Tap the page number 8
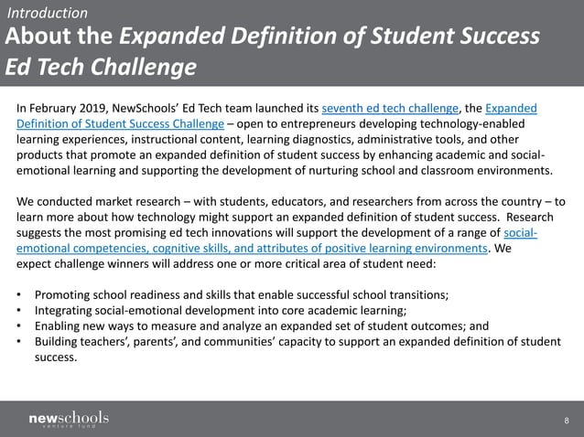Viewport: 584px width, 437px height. coord(567,421)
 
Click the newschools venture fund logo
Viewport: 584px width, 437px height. coord(69,420)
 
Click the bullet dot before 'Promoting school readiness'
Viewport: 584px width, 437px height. coord(20,295)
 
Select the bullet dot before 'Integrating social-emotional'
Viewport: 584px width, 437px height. coord(20,311)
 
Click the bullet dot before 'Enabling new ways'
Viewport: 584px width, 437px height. coord(20,326)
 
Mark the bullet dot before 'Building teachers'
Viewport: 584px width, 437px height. coord(20,342)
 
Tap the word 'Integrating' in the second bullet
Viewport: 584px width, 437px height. coord(65,311)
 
